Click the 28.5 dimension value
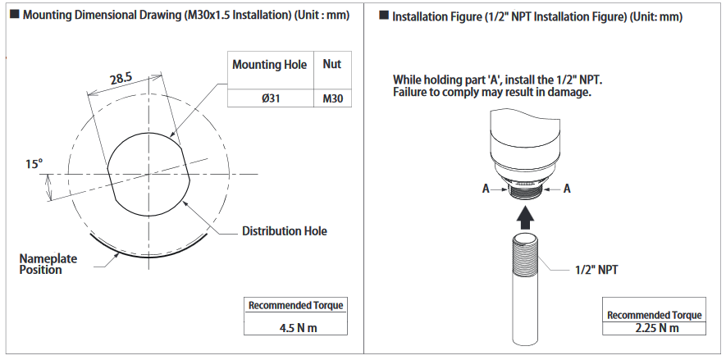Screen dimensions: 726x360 [x=121, y=79]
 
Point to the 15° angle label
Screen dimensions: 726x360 [x=34, y=164]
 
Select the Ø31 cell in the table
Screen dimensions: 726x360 [x=271, y=98]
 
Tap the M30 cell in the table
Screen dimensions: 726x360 [x=332, y=98]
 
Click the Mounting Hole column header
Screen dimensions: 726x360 [x=269, y=65]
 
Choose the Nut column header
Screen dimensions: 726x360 [x=332, y=64]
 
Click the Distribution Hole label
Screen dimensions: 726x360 [x=285, y=231]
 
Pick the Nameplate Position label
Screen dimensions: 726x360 [x=48, y=264]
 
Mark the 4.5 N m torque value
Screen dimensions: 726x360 [x=298, y=328]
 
